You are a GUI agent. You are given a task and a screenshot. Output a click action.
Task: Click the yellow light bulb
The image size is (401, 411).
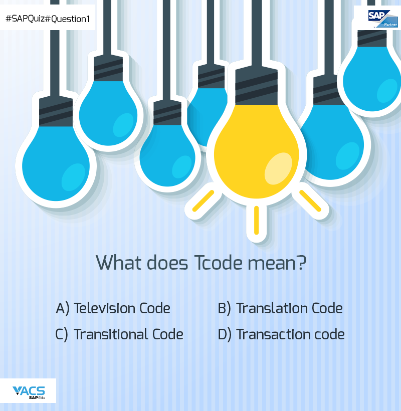click(x=256, y=150)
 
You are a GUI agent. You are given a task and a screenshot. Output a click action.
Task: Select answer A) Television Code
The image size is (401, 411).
click(x=113, y=308)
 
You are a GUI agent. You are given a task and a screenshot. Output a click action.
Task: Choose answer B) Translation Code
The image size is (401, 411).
click(x=280, y=308)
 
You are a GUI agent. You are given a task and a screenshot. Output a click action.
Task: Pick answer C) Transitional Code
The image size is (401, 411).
click(x=119, y=334)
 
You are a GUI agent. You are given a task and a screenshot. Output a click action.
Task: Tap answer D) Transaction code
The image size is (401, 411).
click(x=281, y=334)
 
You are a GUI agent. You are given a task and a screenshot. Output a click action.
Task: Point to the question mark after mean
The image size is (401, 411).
click(x=301, y=263)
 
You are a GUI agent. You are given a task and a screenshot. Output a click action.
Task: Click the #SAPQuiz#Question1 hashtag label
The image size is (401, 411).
click(x=47, y=19)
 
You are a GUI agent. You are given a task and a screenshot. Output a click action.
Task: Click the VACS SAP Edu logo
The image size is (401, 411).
click(x=29, y=391)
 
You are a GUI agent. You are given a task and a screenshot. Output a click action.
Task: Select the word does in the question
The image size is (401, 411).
click(x=163, y=263)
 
